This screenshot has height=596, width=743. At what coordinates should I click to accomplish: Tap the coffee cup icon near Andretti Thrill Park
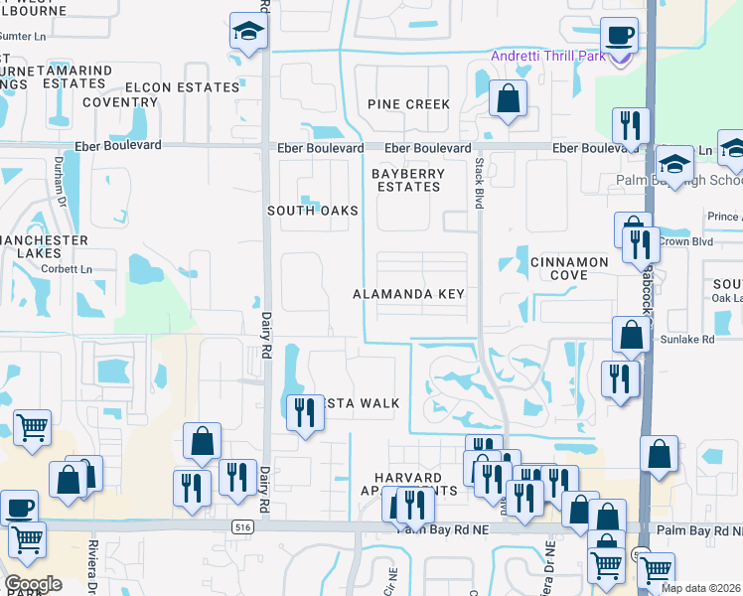point(621,36)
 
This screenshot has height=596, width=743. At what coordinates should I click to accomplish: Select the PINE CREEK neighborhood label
point(408,104)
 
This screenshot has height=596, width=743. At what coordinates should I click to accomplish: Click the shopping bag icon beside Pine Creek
point(508,98)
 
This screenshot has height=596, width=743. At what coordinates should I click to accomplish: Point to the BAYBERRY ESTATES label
point(405,180)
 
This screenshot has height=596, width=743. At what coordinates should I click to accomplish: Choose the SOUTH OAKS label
point(313,211)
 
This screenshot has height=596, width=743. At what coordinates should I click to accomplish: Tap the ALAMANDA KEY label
point(409,295)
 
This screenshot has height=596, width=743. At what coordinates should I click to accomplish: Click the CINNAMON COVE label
point(569,268)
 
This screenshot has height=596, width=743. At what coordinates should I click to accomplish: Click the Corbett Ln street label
point(72,269)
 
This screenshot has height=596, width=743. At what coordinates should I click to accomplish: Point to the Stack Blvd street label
point(479,182)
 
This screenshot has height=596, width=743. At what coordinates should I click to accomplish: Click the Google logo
point(33,584)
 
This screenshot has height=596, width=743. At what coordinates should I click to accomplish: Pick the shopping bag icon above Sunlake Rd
point(631,336)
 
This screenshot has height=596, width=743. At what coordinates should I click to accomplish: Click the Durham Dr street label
point(60,185)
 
